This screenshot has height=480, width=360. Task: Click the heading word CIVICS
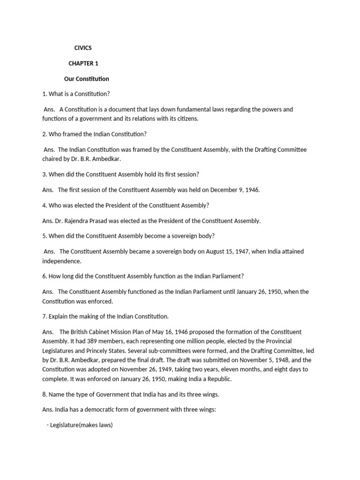point(83,47)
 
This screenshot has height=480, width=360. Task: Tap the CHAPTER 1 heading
point(83,63)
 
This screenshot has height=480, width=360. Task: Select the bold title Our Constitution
point(87,78)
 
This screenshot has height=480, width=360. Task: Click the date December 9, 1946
point(235,190)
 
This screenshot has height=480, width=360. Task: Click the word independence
point(62,261)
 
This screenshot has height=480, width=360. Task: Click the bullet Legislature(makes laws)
point(80,428)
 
